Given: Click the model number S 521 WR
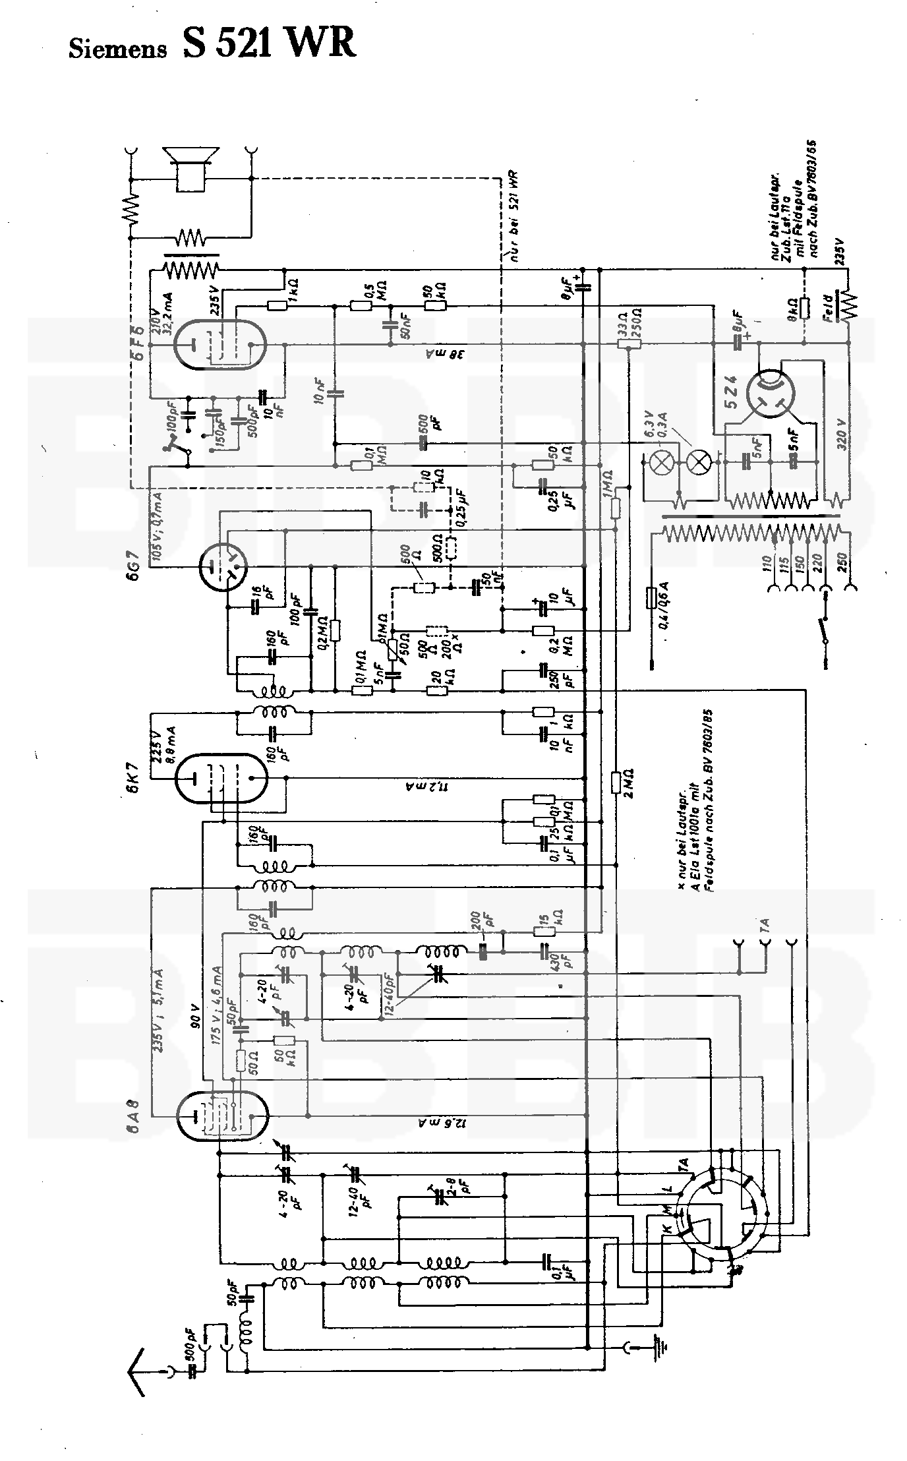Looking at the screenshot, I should click(x=270, y=45).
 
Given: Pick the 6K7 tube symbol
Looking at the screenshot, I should click(x=223, y=777).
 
